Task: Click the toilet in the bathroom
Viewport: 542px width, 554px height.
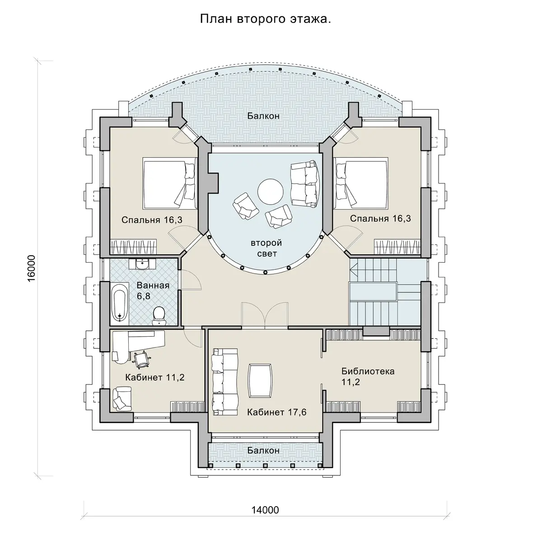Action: (159, 315)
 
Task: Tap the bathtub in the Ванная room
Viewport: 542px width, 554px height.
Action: (119, 302)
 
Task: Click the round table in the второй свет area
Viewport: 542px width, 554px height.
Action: (270, 192)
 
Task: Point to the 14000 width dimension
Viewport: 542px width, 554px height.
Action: (265, 510)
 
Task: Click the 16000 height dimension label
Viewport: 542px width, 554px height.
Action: (31, 268)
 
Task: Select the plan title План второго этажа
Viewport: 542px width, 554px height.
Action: (265, 19)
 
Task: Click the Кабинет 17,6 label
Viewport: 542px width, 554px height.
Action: (277, 412)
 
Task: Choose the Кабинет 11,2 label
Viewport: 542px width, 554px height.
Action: (154, 377)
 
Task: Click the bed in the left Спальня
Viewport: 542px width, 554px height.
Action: (169, 184)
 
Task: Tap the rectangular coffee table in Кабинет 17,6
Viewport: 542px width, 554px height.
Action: (260, 380)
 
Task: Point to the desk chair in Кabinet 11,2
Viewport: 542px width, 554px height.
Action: (142, 360)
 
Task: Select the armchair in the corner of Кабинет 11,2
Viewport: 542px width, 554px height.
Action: (122, 399)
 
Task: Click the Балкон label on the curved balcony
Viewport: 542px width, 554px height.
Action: (263, 116)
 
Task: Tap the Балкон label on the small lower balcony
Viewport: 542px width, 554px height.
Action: (263, 450)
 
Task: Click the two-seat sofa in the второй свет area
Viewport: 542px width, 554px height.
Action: (304, 183)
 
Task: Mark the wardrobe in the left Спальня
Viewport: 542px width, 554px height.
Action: (134, 247)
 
